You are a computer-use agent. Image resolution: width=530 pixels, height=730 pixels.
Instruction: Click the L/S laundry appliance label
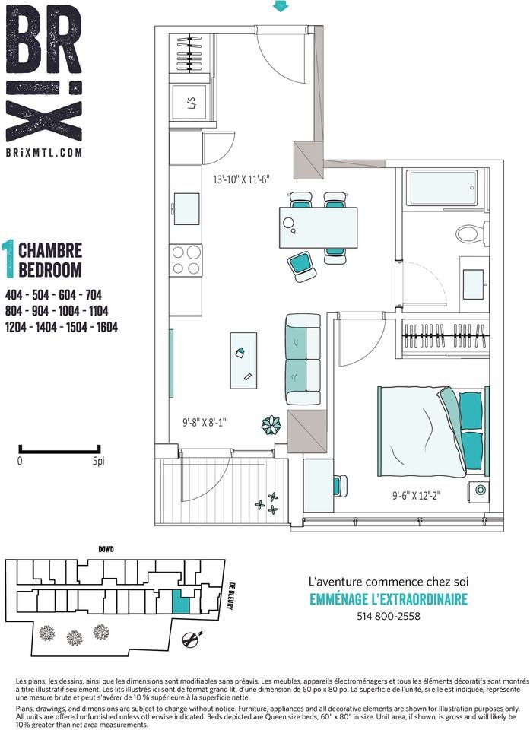coord(191,103)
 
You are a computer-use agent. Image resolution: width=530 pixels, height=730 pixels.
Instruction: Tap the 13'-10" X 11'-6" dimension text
coord(242,179)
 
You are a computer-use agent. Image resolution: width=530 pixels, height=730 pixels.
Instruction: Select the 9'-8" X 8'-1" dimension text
coord(204,423)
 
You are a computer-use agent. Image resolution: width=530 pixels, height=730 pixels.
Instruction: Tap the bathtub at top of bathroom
coord(442,188)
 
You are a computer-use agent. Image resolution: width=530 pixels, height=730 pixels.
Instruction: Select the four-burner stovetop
coord(186,260)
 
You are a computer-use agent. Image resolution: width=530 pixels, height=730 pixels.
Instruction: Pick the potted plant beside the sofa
coord(271,424)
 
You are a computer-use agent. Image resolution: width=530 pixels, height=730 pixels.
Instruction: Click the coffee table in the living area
coord(243,360)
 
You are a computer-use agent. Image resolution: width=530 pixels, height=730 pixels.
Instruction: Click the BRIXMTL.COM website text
coord(44,153)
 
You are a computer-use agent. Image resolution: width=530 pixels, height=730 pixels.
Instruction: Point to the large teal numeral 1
coord(8,260)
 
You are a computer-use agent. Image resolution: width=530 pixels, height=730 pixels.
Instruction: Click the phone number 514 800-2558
coord(389,616)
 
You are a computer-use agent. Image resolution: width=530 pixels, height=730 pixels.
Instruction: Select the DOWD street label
coord(106,549)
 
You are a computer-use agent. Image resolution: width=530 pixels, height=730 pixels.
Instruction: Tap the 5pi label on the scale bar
coord(99,462)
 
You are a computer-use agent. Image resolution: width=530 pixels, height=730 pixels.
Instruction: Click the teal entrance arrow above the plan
coord(281,5)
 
